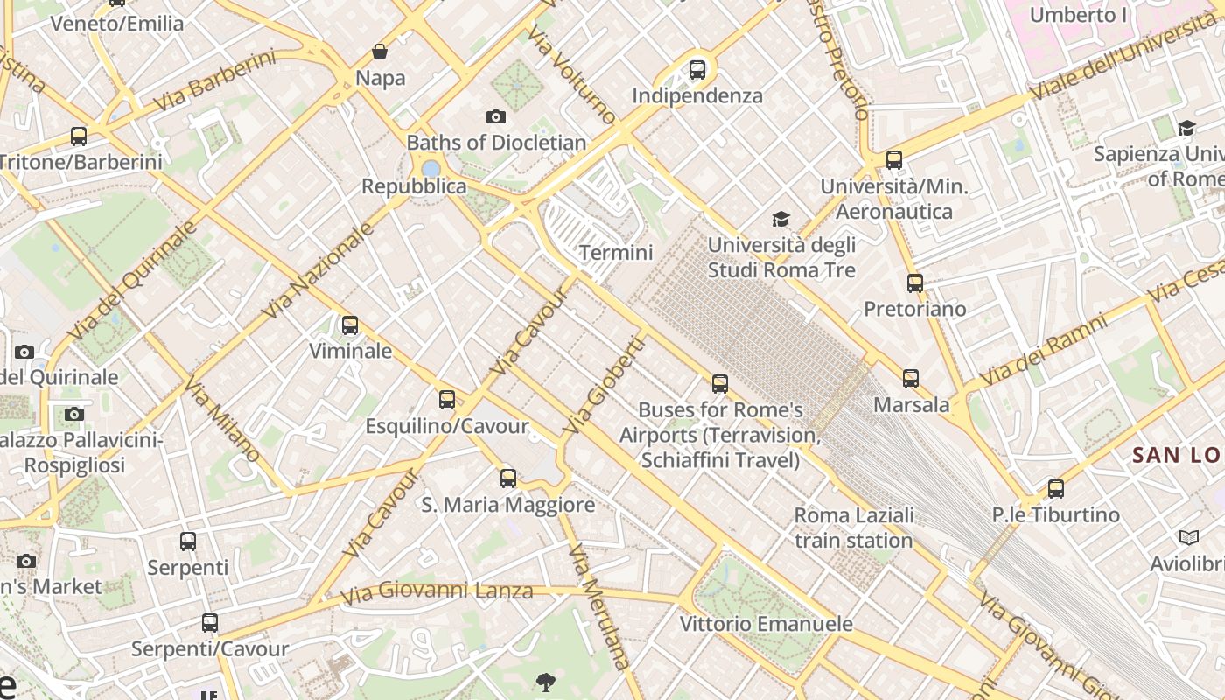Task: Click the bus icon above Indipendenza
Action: pyautogui.click(x=697, y=69)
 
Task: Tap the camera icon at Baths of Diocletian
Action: pyautogui.click(x=496, y=116)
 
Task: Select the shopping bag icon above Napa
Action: pyautogui.click(x=380, y=52)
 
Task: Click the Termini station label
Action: pyautogui.click(x=616, y=253)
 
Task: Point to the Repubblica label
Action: pyautogui.click(x=414, y=186)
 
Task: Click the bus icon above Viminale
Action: pyautogui.click(x=350, y=325)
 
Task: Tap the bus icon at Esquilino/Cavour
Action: pyautogui.click(x=447, y=400)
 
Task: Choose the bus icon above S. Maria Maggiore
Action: pyautogui.click(x=508, y=478)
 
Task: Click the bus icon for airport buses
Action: pyautogui.click(x=720, y=383)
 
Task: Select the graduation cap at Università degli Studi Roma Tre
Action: pyautogui.click(x=780, y=219)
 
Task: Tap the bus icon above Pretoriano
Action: pyautogui.click(x=915, y=283)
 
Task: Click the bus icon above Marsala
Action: pyautogui.click(x=911, y=378)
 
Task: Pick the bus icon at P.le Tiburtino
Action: pyautogui.click(x=1056, y=488)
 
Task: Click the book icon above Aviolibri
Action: pyautogui.click(x=1188, y=537)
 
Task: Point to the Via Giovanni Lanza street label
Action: pyautogui.click(x=437, y=592)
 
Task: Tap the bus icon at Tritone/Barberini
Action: pyautogui.click(x=79, y=136)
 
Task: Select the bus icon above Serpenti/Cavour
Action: pyautogui.click(x=210, y=623)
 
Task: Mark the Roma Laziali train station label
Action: pyautogui.click(x=854, y=528)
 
